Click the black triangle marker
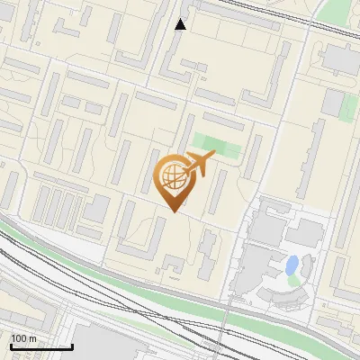pos(180,24)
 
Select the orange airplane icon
pos(199,165)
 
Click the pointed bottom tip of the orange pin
pos(175,211)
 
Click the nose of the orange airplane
pos(214,157)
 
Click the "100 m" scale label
pos(24,338)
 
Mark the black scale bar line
pos(41,346)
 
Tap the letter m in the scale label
pos(33,338)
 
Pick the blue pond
pos(292,265)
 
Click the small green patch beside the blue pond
pos(294,280)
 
